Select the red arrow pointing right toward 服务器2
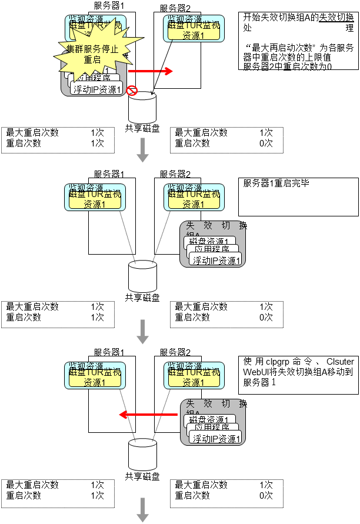coord(150,71)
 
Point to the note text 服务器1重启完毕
coord(276,183)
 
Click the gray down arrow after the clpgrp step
coord(142,509)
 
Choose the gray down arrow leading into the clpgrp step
coord(142,332)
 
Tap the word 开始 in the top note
coord(251,17)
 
